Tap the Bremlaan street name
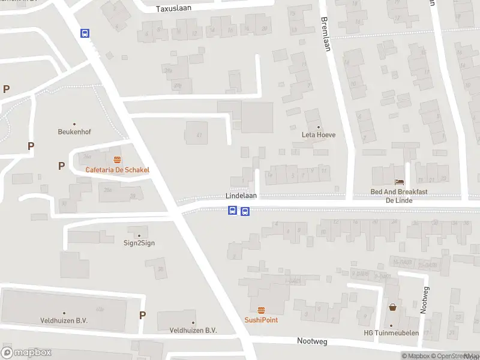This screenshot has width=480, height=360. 326,34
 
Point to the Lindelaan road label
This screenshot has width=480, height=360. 241,196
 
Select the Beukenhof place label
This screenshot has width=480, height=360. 74,132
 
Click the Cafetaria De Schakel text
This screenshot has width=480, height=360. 117,170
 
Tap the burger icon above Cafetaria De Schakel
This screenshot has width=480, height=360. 117,160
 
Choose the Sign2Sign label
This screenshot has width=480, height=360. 139,244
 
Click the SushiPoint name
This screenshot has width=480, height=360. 261,320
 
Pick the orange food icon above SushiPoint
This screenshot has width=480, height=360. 261,310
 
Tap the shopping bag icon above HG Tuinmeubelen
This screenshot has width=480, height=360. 393,307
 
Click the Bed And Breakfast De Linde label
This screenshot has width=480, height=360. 398,196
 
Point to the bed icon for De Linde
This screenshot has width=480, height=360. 398,182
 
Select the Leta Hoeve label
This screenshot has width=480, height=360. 318,135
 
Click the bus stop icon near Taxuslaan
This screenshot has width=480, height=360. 85,34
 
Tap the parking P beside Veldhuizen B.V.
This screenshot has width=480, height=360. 142,315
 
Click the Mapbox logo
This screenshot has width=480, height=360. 26,353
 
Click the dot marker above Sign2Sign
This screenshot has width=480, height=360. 139,235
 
